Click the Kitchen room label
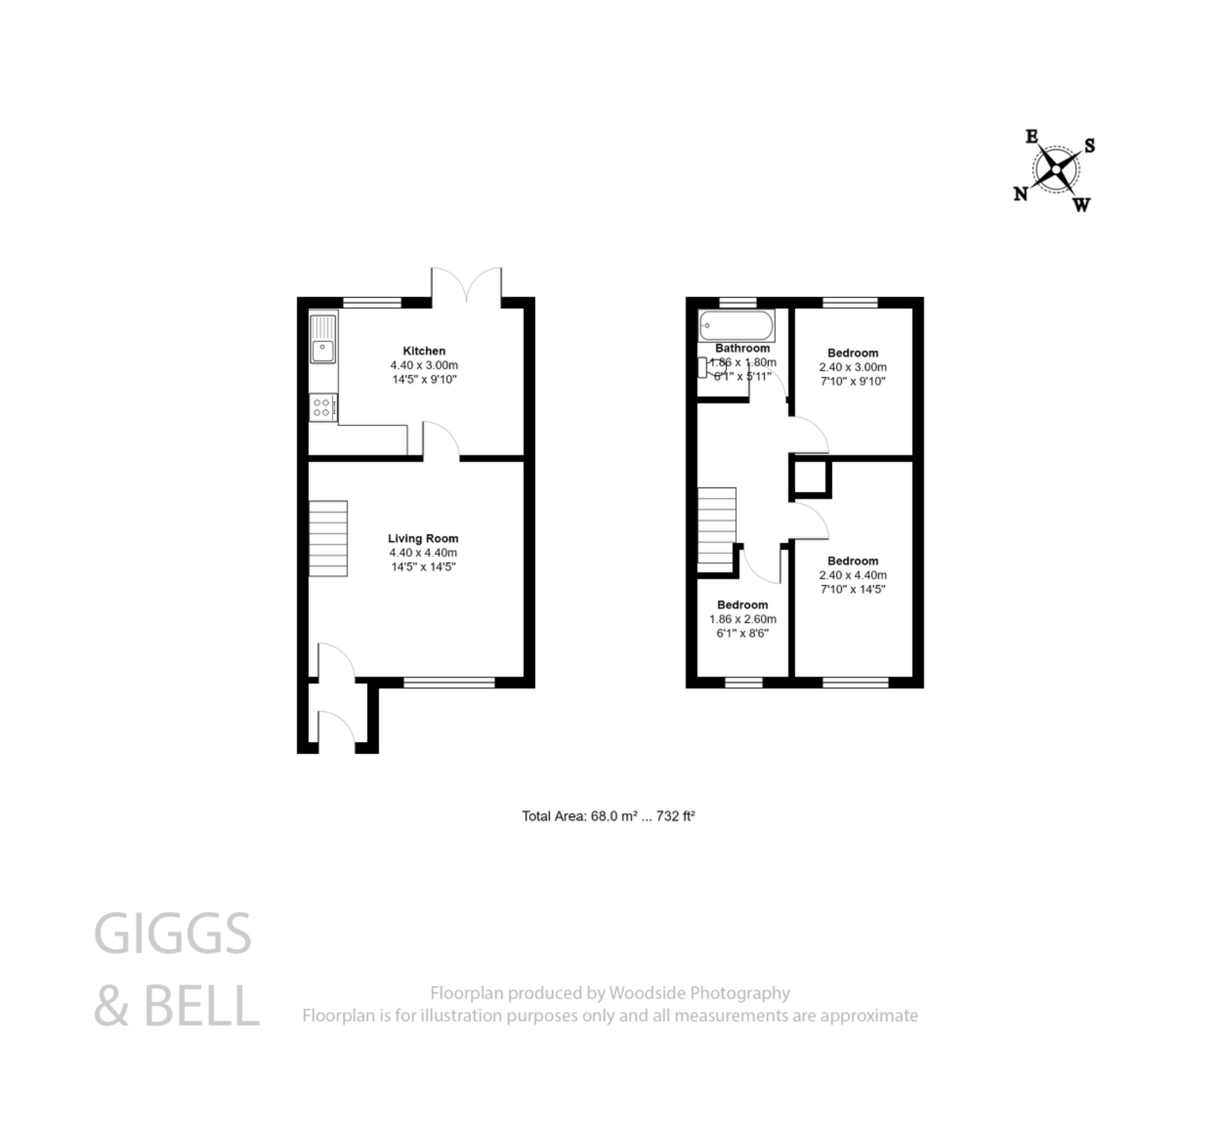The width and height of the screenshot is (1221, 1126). (423, 351)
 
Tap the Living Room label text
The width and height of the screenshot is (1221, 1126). (423, 539)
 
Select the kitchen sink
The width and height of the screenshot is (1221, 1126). (323, 351)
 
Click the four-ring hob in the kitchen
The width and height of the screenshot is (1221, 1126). (323, 408)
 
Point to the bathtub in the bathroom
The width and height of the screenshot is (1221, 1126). (736, 325)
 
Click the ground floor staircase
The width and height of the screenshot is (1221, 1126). (328, 539)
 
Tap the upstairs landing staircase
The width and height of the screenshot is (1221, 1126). (717, 529)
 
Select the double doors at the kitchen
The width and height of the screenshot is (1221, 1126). (466, 285)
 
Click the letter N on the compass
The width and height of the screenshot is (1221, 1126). (1021, 194)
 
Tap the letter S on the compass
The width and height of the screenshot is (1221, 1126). (1089, 145)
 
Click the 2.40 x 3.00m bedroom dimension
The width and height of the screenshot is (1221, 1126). (853, 367)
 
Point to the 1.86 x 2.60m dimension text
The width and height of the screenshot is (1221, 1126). (742, 619)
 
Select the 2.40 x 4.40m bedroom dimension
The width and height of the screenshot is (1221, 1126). (853, 575)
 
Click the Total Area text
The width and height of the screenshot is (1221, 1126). (608, 817)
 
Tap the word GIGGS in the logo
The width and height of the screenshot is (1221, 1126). (172, 934)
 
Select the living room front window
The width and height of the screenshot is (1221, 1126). (449, 683)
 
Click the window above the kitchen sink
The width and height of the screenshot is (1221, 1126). (371, 302)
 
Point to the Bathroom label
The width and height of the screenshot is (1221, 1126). (742, 349)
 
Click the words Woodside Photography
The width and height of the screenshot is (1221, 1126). (699, 993)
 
